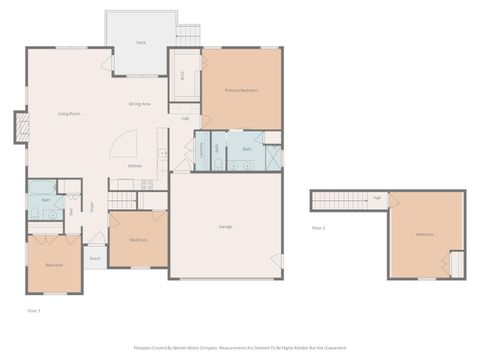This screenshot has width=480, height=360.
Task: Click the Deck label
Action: click(x=141, y=43)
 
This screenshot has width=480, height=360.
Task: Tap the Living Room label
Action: click(x=69, y=114)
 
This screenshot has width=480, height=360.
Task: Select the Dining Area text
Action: click(x=139, y=104)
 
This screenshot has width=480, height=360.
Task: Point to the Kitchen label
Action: click(x=135, y=166)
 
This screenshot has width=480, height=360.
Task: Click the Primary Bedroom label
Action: click(x=241, y=90)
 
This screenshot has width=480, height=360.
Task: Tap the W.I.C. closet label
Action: click(x=182, y=74)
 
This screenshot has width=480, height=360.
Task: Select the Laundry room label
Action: click(x=203, y=150)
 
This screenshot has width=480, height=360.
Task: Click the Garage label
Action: click(x=226, y=227)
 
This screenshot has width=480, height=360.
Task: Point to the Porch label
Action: click(x=95, y=258)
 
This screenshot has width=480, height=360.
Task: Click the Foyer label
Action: click(x=93, y=207)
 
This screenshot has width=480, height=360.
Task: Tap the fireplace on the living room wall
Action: click(x=21, y=128)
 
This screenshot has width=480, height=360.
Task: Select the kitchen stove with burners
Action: click(x=146, y=184)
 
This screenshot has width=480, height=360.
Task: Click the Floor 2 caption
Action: click(x=318, y=228)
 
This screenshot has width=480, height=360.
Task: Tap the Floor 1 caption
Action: click(x=33, y=311)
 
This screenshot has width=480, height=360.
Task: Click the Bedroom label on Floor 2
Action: click(x=425, y=235)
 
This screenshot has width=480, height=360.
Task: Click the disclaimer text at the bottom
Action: click(x=240, y=349)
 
